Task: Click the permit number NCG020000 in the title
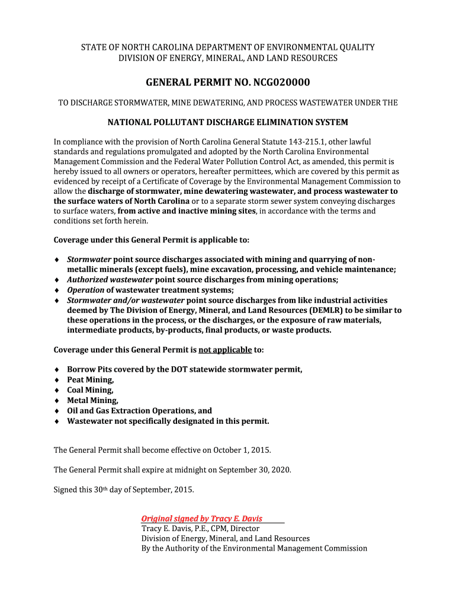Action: [x=276, y=82]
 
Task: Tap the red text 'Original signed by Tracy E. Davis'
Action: [x=201, y=519]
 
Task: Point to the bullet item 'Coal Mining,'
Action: [x=90, y=390]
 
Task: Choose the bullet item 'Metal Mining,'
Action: [x=92, y=401]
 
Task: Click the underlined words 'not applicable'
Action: [x=225, y=350]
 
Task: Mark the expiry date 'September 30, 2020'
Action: [x=255, y=470]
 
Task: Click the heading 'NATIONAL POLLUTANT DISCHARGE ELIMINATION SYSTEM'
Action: [x=227, y=123]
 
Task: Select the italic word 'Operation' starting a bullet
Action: [x=85, y=290]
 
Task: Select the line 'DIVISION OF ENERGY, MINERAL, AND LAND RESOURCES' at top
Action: [x=228, y=58]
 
